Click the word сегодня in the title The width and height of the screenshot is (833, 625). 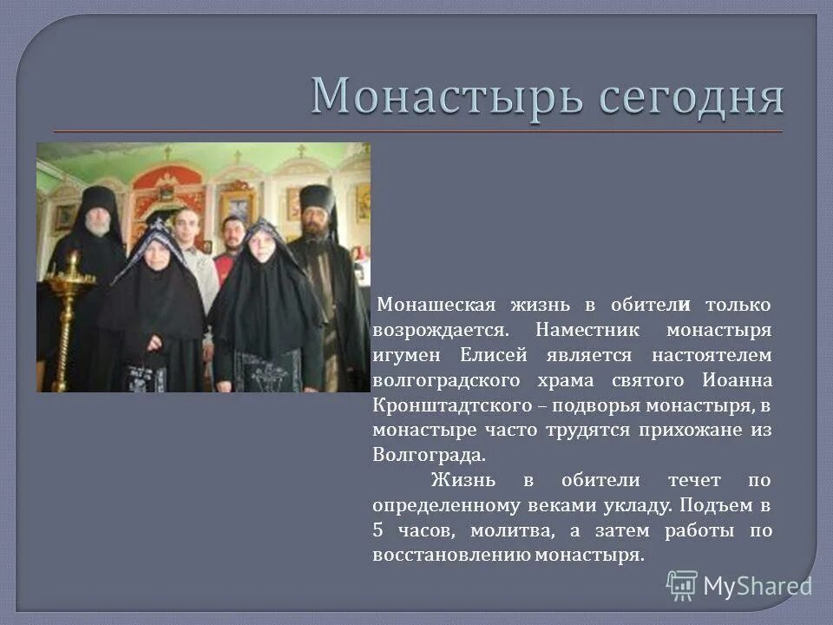[x=685, y=97]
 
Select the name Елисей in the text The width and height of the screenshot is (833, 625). [x=507, y=356]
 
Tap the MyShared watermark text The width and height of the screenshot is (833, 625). [x=757, y=586]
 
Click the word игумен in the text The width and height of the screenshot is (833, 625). [x=403, y=356]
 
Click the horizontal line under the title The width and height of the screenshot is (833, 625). [x=416, y=131]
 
